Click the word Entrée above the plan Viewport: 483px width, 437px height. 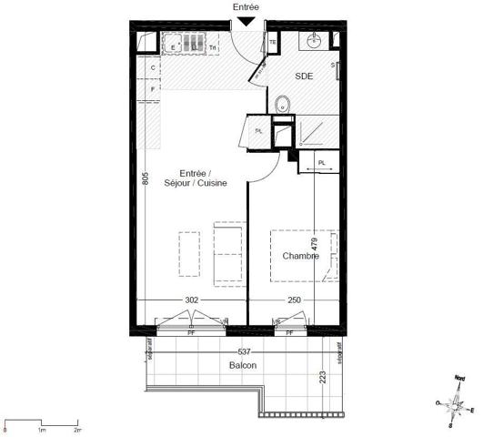point(246,7)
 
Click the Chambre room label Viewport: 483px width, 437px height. point(300,257)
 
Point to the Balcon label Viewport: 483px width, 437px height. point(243,365)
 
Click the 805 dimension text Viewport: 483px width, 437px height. point(145,179)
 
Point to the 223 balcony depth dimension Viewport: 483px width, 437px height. point(324,379)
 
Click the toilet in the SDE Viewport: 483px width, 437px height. point(282,104)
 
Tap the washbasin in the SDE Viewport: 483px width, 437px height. point(316,42)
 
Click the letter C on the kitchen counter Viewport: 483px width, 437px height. point(153,68)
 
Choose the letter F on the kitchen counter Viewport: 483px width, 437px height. point(153,88)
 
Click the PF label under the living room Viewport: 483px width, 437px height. point(191,333)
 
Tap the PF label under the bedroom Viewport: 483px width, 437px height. point(289,333)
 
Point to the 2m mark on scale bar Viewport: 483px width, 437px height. point(77,424)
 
